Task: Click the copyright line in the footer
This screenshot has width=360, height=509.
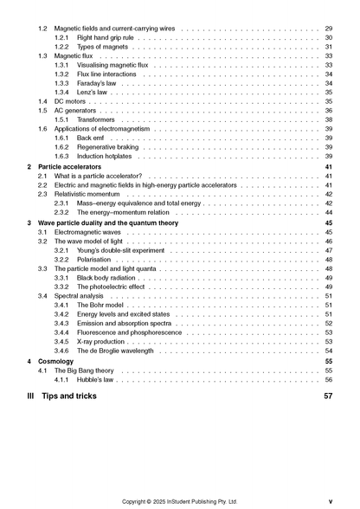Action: [179, 500]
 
